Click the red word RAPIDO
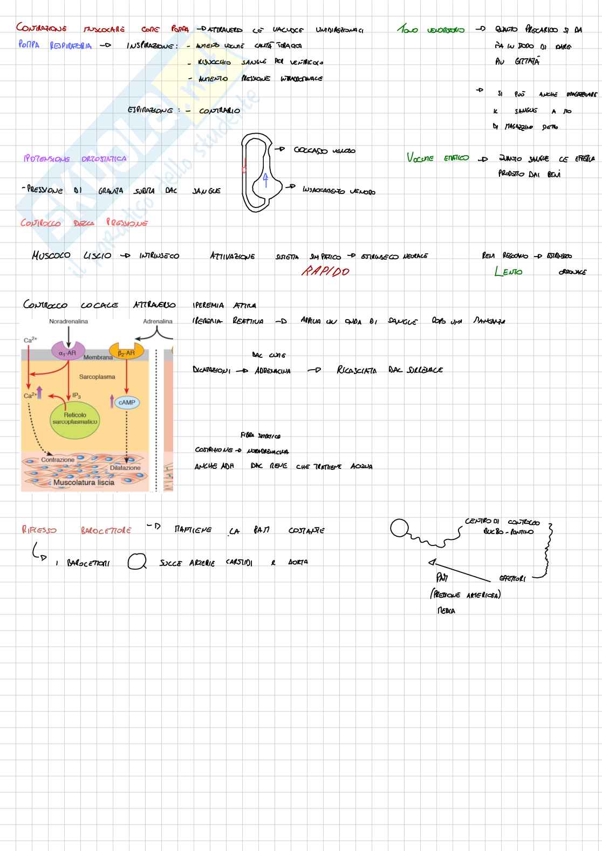325,271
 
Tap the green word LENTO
508,271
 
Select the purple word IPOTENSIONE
46,158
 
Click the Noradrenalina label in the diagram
68,321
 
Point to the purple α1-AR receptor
68,352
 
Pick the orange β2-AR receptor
126,352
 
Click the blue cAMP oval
127,402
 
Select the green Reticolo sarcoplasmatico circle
75,418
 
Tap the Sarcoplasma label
97,377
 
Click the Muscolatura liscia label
84,482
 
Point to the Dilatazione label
125,468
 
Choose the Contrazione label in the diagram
58,460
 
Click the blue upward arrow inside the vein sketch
265,179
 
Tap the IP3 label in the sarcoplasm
76,396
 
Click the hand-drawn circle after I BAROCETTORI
137,562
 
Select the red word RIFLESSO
39,530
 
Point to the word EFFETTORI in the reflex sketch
512,579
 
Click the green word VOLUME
420,158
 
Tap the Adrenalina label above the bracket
158,321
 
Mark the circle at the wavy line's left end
399,528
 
